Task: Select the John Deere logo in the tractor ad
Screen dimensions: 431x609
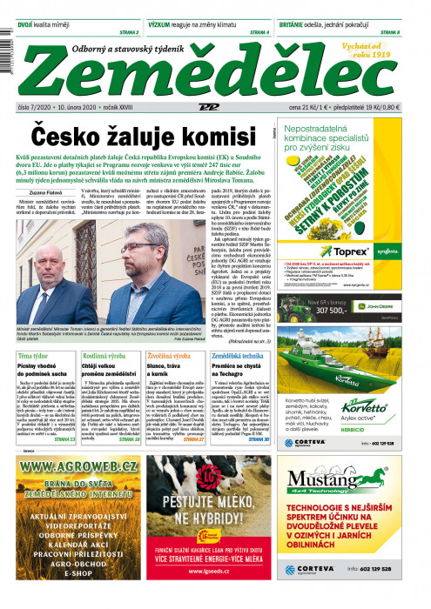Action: coord(401,305)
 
